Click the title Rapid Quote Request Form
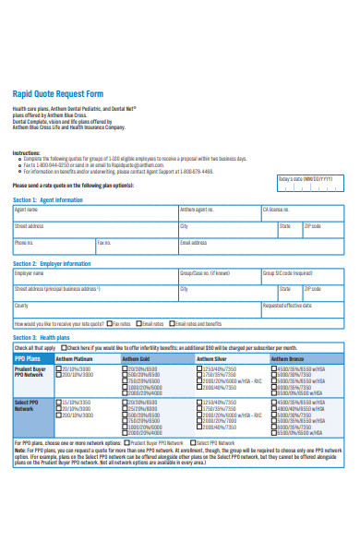point(57,94)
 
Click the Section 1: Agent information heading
point(48,199)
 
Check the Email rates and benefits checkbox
point(173,324)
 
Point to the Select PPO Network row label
point(28,406)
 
